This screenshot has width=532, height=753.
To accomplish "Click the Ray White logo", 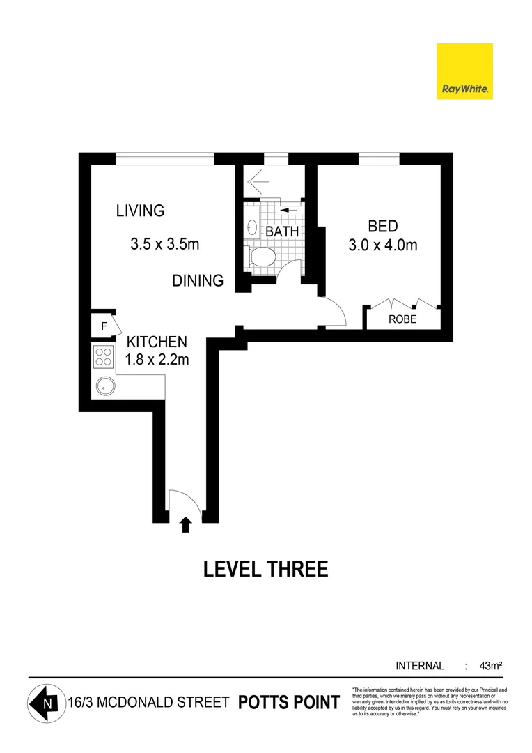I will [x=464, y=71].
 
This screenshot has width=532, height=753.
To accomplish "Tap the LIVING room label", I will [x=140, y=211].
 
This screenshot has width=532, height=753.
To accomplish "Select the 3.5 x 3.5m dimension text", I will [x=164, y=245].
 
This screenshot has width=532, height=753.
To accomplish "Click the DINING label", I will [x=198, y=281].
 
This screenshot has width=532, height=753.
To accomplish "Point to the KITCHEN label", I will [x=156, y=342].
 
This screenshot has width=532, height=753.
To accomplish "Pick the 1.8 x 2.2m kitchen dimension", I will [x=156, y=360].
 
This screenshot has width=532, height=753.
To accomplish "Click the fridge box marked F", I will [x=104, y=326].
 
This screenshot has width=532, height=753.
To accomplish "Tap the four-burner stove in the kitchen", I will [x=104, y=357].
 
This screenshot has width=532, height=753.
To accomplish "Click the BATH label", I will [x=283, y=231].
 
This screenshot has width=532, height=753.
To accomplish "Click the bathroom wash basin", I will [x=252, y=228].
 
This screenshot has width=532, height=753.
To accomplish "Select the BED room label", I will [x=382, y=227].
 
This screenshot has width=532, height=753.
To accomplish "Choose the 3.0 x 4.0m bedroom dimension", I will [x=382, y=245].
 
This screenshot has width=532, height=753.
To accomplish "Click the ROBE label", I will [x=402, y=319].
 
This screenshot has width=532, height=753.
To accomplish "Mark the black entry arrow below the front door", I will [x=185, y=524].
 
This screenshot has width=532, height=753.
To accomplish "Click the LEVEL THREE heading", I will [x=265, y=570].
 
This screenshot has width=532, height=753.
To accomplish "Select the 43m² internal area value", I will [x=491, y=666].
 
